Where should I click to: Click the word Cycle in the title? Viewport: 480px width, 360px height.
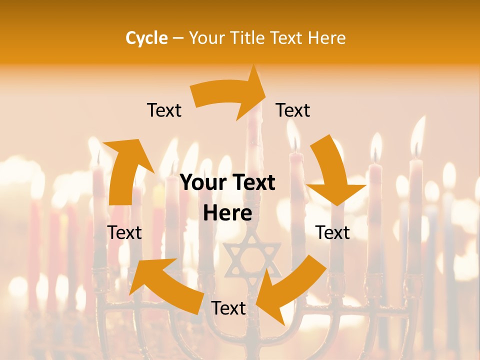tap(146, 38)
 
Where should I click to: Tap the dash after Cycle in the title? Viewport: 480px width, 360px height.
tap(178, 38)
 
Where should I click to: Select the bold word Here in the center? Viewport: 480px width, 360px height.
tap(227, 213)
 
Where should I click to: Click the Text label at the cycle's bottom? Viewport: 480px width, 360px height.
tap(228, 308)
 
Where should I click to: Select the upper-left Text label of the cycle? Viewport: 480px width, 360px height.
tap(164, 110)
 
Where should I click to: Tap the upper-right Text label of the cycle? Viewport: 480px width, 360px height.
tap(293, 110)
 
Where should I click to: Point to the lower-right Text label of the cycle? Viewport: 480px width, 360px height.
tap(332, 232)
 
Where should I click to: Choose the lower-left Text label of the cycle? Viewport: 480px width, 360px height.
tap(124, 232)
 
